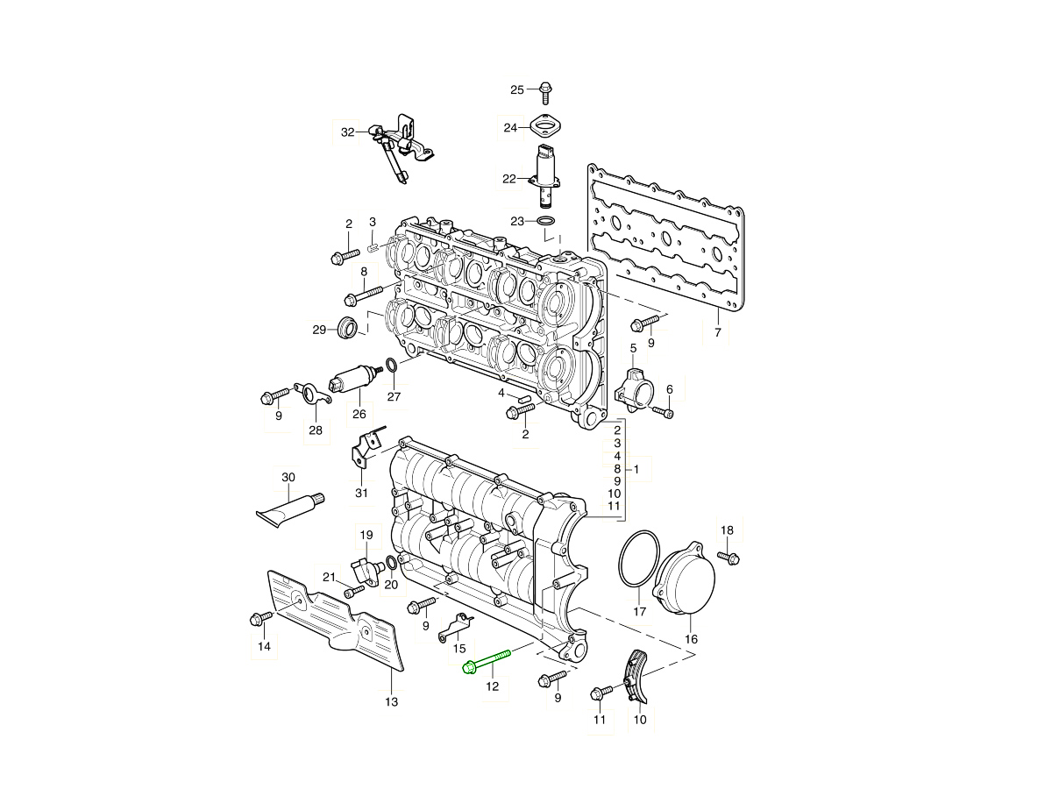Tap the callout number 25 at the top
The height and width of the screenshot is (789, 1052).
(x=517, y=89)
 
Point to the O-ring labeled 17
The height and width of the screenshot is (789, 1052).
(x=639, y=558)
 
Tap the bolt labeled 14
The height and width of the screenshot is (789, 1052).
(x=260, y=618)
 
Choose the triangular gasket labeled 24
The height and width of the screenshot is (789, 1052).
(x=545, y=128)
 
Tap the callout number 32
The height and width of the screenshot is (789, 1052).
(x=348, y=132)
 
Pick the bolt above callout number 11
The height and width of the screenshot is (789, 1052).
(x=601, y=693)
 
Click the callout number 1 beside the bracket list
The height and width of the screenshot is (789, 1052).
(x=636, y=470)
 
